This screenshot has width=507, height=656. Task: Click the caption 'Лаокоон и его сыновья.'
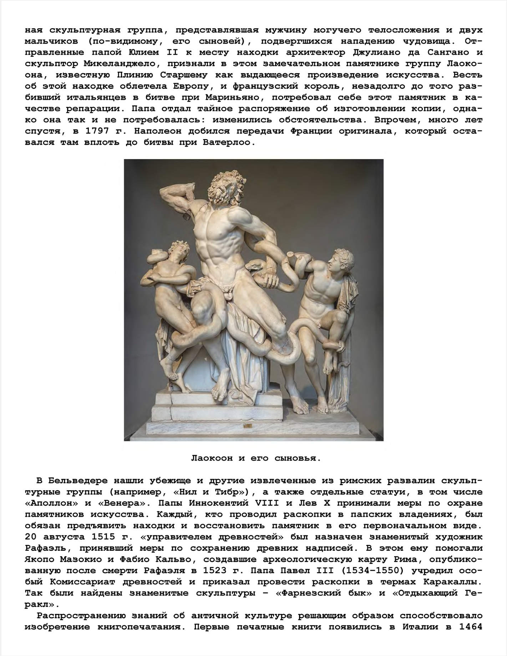pos(256,458)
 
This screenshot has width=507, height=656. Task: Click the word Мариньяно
pos(233,97)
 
